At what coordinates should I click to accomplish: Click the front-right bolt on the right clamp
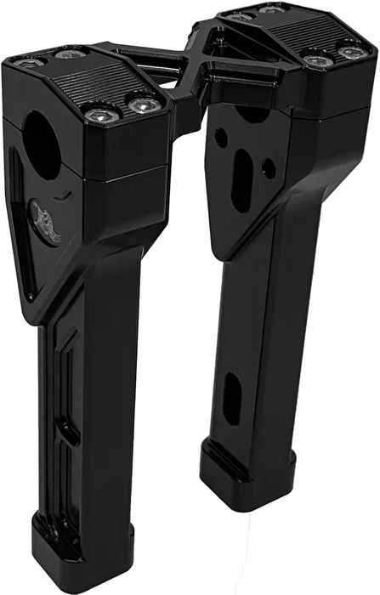coord(349,53)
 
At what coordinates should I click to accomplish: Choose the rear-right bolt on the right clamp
coord(272,9)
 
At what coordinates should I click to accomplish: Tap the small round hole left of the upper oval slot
coord(220,134)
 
